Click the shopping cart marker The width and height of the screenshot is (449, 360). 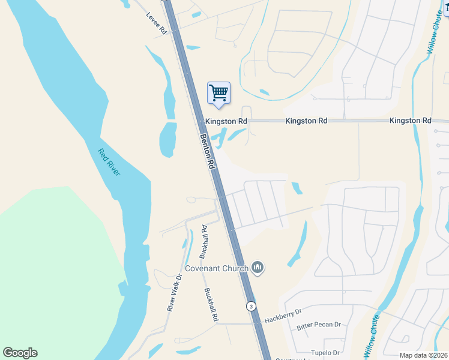coord(218,94)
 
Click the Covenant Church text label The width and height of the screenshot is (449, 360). coord(216,268)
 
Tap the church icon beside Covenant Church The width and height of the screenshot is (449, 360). coord(258,267)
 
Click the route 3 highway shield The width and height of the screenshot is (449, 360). coord(250,306)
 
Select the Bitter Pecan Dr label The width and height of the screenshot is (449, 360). coord(319,325)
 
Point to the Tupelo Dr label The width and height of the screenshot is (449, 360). coord(325,353)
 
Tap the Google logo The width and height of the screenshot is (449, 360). coord(20,353)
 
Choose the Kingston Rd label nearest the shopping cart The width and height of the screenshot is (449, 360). coord(226,121)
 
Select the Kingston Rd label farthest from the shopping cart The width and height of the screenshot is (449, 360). coord(410,121)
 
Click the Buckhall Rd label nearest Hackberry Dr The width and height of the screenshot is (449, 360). coord(210,305)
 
